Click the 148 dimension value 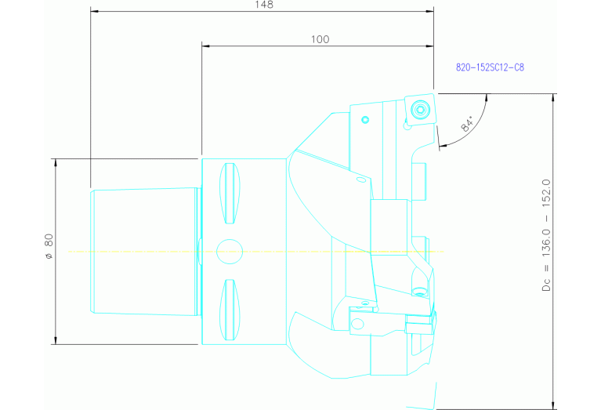264,5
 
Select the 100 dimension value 320,39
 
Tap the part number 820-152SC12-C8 490,67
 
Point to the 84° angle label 468,123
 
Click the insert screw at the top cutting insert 420,108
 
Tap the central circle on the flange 230,251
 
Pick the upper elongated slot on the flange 230,194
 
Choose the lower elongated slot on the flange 230,309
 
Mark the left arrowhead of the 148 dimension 95,11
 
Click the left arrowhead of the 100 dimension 206,45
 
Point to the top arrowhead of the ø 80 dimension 55,162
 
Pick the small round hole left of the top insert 365,120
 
